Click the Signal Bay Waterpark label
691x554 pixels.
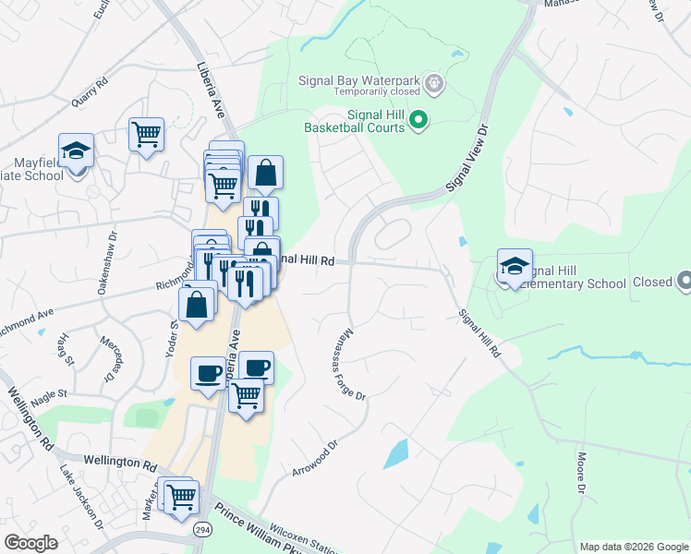pos(360,79)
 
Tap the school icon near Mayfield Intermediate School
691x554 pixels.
pos(77,151)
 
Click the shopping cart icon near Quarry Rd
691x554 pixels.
pos(147,135)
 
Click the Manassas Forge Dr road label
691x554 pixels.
pos(353,364)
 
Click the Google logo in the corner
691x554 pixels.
pos(30,543)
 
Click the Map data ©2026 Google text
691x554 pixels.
pos(633,547)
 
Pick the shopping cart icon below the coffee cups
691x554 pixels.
pos(247,396)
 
